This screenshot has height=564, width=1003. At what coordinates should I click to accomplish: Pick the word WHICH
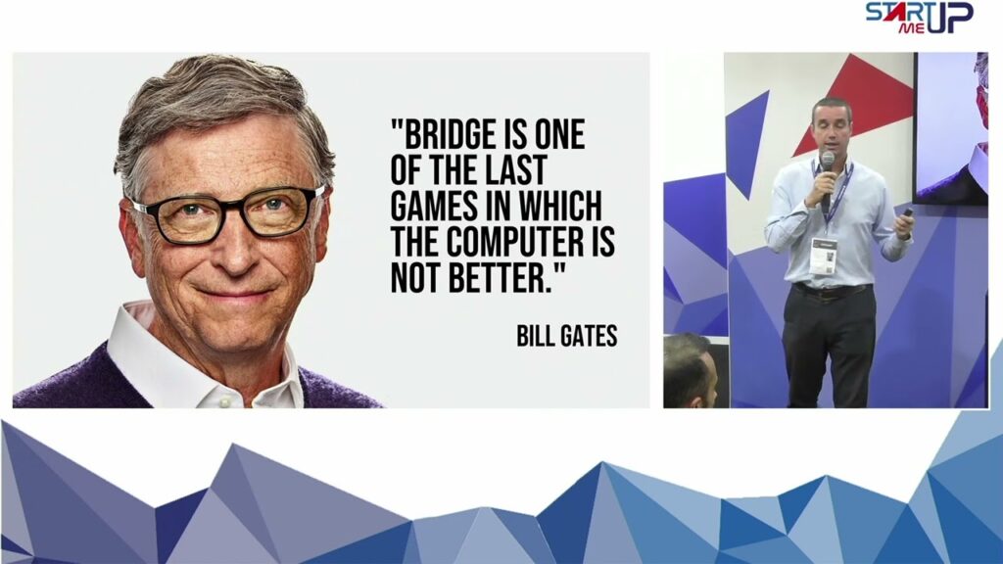tap(560, 206)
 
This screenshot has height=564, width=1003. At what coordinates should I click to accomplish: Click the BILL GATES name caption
tap(567, 336)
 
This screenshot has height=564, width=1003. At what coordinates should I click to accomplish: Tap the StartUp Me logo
tap(919, 18)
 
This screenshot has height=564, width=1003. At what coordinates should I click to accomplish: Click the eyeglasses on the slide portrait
tap(228, 214)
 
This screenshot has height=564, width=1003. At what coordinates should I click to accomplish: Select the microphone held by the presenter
tap(827, 180)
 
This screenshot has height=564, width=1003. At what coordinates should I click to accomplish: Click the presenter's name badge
tap(823, 256)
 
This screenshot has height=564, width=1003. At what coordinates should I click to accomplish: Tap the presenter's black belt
tap(831, 290)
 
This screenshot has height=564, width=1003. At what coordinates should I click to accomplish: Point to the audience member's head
tap(689, 369)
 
